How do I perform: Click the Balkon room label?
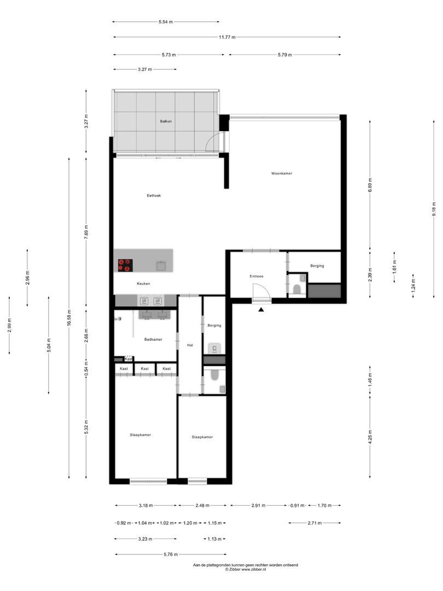(166, 121)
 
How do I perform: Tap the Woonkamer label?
(282, 173)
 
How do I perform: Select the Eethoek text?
(154, 195)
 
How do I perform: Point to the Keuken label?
(143, 283)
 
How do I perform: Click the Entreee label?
(257, 276)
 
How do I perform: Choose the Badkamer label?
(153, 339)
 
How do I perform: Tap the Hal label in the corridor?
(190, 345)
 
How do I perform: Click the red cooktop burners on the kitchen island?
(125, 265)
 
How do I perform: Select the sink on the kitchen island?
(161, 265)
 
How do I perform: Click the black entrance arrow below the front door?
(261, 310)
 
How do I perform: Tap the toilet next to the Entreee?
(297, 289)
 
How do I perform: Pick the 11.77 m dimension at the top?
(227, 37)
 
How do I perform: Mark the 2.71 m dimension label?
(314, 523)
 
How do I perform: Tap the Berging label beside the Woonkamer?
(317, 266)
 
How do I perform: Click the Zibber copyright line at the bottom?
(246, 570)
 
